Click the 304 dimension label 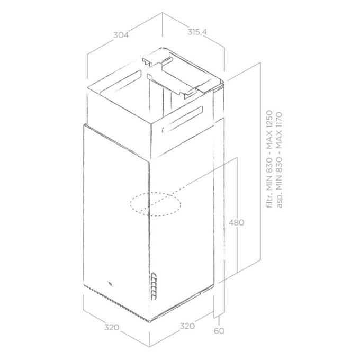point(121,35)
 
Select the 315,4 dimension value point(197,32)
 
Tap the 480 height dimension point(236,222)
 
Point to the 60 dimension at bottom point(219,331)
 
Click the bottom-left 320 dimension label point(112,327)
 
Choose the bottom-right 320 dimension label point(187,326)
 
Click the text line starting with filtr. point(269,159)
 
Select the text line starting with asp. point(278,160)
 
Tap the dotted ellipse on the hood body point(156,204)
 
